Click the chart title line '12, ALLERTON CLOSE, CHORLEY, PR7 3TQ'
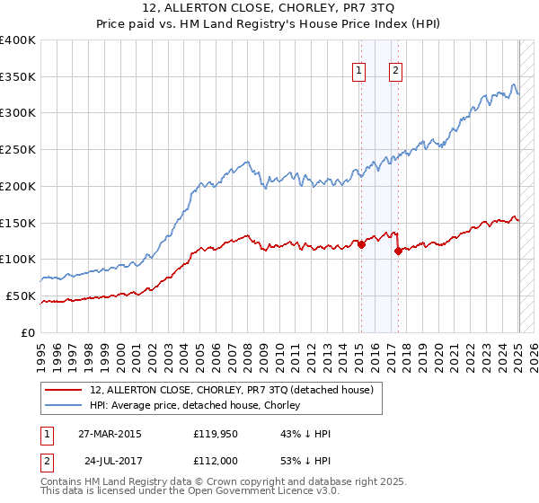pos(269,10)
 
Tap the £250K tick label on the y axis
pos(18,150)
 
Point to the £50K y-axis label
pos(21,296)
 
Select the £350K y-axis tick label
pos(18,77)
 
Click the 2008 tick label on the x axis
pos(248,350)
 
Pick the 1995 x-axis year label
pos(41,350)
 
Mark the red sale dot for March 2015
pos(361,243)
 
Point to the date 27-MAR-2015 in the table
pos(109,434)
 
